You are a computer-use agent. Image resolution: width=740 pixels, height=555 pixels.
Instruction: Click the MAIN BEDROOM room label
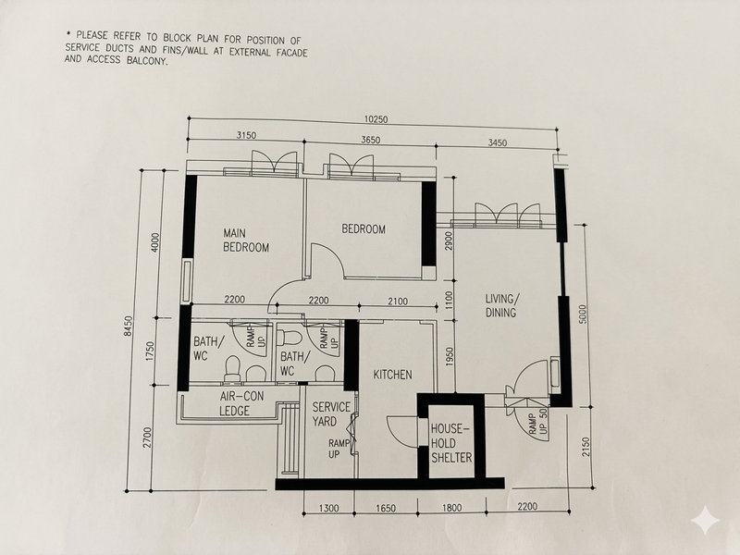coord(246,240)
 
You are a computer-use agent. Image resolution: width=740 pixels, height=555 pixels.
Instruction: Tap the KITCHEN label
coord(392,375)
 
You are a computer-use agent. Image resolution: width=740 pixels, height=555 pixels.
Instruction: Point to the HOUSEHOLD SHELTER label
coord(451,443)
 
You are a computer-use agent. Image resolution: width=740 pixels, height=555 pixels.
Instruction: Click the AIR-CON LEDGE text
coord(241,403)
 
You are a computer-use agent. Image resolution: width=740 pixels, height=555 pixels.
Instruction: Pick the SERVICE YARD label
coord(331,413)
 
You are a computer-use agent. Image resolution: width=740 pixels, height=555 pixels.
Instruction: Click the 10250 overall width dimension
coord(376,119)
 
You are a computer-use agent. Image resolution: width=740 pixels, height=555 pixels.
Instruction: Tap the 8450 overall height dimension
coord(129,327)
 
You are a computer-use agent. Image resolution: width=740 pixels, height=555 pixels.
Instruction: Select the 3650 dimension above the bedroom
coord(371,140)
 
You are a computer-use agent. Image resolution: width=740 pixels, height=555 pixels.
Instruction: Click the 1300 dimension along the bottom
coord(328,508)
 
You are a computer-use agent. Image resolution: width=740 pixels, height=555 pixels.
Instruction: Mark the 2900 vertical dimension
coord(449,240)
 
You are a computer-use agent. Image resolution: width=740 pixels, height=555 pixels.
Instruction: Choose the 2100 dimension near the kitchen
coord(398,302)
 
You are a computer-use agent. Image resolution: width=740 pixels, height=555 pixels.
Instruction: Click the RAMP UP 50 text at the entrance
coord(536,424)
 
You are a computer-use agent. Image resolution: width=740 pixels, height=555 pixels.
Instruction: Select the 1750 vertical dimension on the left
coord(151,351)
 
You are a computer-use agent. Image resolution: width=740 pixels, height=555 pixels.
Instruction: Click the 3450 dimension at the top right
coord(497,142)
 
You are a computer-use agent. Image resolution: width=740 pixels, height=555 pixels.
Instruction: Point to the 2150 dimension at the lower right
coord(586,447)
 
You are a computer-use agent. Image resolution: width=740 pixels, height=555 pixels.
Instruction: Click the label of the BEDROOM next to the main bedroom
coord(364,229)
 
